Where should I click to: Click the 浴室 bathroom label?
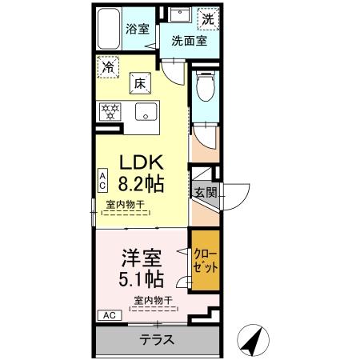coord(138,30)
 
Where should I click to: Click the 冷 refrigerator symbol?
coord(106,69)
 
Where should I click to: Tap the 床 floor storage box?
coord(140,82)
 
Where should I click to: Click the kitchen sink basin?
coord(146,111)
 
